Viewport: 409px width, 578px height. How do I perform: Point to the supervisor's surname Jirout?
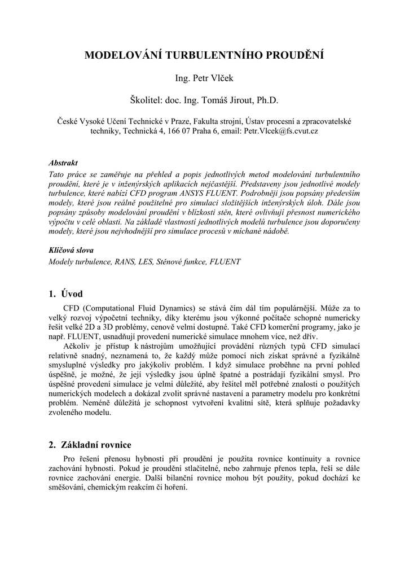click(x=240, y=100)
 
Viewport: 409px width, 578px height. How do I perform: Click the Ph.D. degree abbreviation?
click(x=268, y=100)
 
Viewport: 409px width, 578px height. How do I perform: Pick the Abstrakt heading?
click(x=63, y=163)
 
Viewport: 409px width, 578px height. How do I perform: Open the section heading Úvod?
click(x=72, y=294)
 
